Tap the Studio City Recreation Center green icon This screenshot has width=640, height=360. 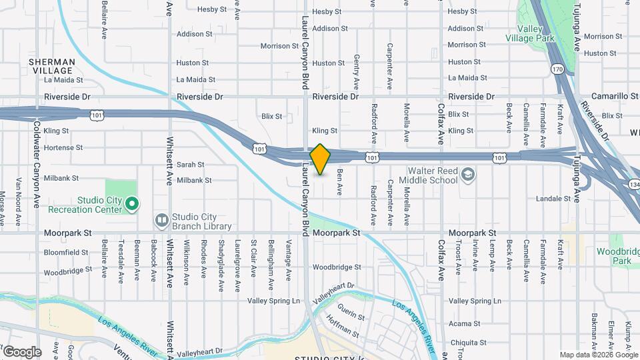132,203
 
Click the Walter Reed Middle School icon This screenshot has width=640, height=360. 469,175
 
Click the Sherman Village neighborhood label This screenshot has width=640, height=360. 52,66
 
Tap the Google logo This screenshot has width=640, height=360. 21,351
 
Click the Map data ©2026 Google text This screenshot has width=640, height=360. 598,355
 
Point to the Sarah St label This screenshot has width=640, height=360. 190,164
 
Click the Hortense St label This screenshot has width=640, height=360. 63,147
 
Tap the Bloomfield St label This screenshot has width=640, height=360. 66,253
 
